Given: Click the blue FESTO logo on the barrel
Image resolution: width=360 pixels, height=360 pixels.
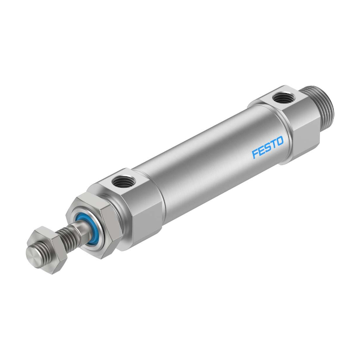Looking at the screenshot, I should pyautogui.click(x=266, y=151).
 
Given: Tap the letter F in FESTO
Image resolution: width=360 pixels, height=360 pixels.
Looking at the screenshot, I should pyautogui.click(x=255, y=154).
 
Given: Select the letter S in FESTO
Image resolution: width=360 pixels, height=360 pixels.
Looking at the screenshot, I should pyautogui.click(x=267, y=151).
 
